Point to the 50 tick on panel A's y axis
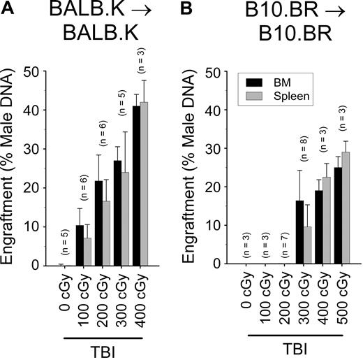point(42,71)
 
